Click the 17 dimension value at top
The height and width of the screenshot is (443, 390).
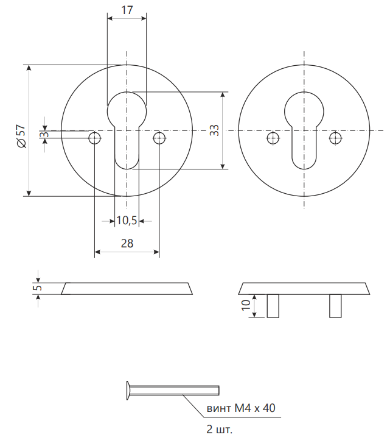127,10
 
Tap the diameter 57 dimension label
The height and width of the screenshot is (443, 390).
21,136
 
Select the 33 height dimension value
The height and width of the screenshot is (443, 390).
214,130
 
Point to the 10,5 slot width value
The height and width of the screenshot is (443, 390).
127,221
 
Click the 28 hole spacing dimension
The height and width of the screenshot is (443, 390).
127,243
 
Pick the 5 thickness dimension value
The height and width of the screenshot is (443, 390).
38,288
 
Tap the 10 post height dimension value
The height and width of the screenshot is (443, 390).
246,305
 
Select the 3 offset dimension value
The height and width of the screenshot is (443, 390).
44,134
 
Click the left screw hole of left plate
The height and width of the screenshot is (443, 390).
95,138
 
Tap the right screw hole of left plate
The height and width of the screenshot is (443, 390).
159,138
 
